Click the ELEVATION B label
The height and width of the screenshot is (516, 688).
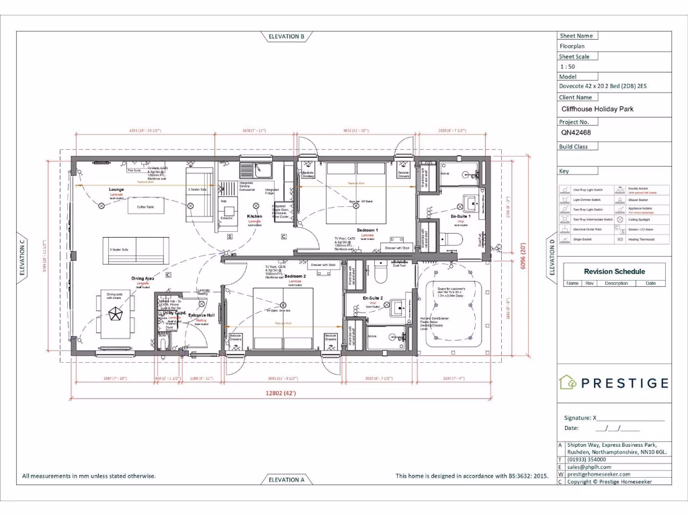point(287,36)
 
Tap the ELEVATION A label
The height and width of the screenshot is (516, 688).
point(287,480)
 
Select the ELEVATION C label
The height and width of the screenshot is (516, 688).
point(22,258)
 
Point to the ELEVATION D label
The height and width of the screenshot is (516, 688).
point(552,258)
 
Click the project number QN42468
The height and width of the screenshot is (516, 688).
point(576,133)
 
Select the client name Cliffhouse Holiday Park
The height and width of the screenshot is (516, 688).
point(597,109)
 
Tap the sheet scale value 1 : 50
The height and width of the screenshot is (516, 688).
point(567,67)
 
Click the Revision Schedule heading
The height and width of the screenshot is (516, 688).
point(614,271)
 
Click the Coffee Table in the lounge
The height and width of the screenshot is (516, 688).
point(146,207)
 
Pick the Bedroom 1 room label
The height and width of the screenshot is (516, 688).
point(367,230)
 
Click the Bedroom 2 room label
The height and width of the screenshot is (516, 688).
point(295,276)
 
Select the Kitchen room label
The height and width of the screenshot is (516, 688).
point(255,216)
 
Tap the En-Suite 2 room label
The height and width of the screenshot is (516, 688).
point(373,298)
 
